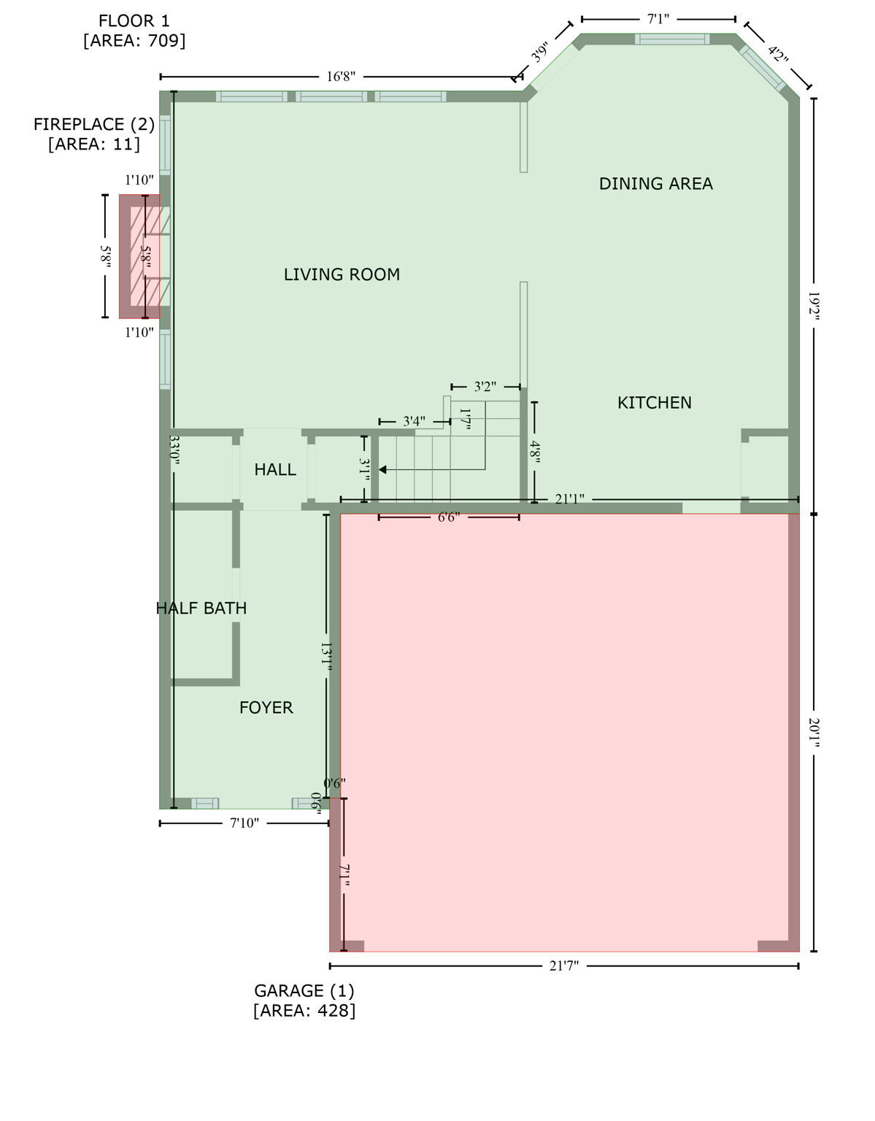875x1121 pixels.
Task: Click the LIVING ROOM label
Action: coord(342,274)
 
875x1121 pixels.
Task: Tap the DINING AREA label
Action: coord(655,184)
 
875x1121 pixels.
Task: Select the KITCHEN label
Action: coord(654,403)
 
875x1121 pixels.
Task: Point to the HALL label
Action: coord(275,470)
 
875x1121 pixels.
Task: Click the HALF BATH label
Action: coord(201,608)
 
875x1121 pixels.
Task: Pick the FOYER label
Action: coord(266,707)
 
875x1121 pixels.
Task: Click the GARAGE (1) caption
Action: coord(304,991)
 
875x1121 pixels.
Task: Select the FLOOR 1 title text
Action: coord(134,21)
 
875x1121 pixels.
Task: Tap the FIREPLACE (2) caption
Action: coord(94,125)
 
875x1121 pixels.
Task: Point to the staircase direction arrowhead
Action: coord(382,470)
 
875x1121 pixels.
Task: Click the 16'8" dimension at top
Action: coord(341,77)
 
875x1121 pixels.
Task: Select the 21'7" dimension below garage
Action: coord(563,966)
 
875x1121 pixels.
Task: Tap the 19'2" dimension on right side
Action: coord(814,306)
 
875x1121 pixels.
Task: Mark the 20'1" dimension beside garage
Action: coord(814,733)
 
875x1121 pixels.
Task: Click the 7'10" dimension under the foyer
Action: coord(244,823)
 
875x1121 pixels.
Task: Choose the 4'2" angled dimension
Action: coord(778,55)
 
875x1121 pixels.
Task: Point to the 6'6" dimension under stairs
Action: coord(448,517)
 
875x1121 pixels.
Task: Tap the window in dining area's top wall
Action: coord(671,39)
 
